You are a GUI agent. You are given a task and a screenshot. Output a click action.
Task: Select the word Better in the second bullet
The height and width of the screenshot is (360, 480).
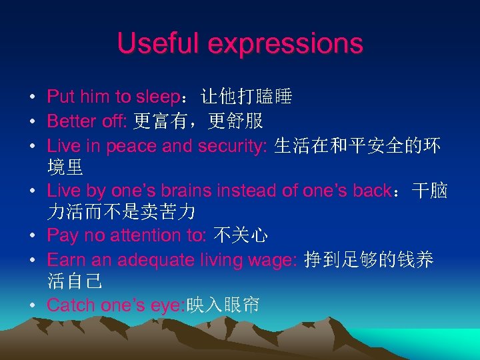(x=71, y=121)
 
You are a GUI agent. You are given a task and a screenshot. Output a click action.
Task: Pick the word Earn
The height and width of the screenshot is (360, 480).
(x=65, y=259)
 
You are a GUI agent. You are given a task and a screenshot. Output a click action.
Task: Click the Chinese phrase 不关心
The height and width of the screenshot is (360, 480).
(x=241, y=235)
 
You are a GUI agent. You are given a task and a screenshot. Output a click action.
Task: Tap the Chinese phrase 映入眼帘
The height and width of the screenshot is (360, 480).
(x=223, y=305)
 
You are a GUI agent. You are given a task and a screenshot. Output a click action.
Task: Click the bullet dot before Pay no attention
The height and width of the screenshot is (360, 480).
(x=32, y=235)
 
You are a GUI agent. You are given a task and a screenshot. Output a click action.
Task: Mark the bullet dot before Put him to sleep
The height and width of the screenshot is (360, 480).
(x=32, y=97)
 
